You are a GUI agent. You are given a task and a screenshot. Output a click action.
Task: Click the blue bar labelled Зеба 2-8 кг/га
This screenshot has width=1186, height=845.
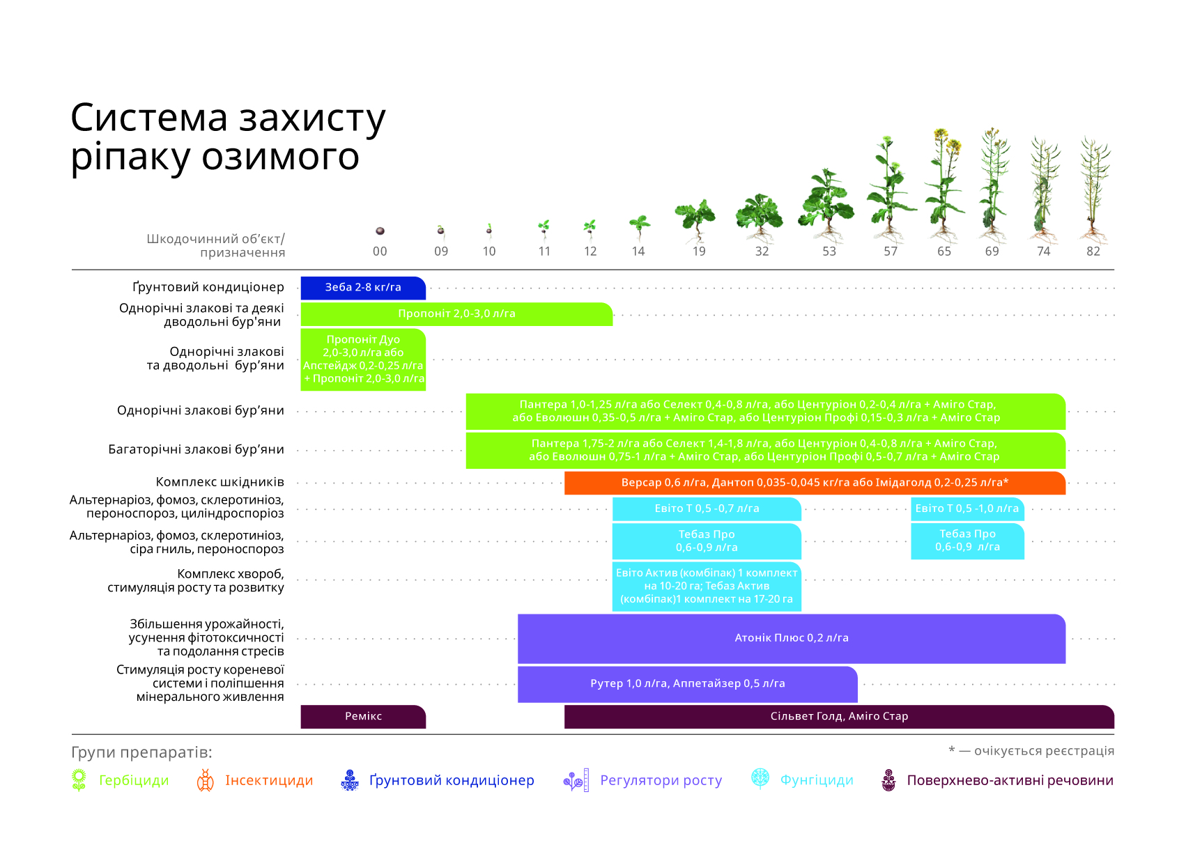pyautogui.click(x=363, y=288)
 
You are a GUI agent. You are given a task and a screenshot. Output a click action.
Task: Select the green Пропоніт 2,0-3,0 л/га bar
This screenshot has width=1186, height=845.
pyautogui.click(x=456, y=314)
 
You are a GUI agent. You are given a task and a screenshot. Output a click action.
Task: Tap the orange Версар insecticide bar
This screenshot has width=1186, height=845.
pyautogui.click(x=815, y=483)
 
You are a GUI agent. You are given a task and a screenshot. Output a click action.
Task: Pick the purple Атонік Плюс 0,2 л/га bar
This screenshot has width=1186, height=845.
pyautogui.click(x=792, y=639)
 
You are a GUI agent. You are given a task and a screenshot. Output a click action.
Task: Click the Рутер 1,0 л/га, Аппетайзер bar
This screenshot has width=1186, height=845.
pyautogui.click(x=687, y=684)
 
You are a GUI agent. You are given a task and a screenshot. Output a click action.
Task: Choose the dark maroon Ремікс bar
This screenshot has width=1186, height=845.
pyautogui.click(x=363, y=717)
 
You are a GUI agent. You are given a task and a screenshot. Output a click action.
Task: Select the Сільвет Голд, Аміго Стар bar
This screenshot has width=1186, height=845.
pyautogui.click(x=839, y=717)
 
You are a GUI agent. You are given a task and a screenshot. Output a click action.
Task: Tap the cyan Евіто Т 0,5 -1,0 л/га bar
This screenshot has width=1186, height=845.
pyautogui.click(x=967, y=509)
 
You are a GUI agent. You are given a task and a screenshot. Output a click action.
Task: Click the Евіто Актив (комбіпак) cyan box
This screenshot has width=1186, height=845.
pyautogui.click(x=707, y=587)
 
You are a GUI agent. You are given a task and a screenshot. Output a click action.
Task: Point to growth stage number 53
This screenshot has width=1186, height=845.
pyautogui.click(x=829, y=251)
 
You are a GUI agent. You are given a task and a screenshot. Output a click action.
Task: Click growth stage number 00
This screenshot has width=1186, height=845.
pyautogui.click(x=380, y=251)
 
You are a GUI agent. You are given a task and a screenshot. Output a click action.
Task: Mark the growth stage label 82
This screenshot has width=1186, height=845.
pyautogui.click(x=1093, y=251)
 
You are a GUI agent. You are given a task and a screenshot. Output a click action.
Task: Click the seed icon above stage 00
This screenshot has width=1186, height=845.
pyautogui.click(x=380, y=231)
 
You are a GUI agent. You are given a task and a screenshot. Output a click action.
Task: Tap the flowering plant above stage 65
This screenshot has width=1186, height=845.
pyautogui.click(x=944, y=185)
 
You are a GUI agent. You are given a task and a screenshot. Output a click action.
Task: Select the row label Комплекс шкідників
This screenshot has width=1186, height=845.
pyautogui.click(x=220, y=482)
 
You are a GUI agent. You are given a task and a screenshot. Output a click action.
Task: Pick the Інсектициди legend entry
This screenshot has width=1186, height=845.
pyautogui.click(x=254, y=781)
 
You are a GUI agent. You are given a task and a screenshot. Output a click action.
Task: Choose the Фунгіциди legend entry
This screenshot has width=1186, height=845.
pyautogui.click(x=802, y=780)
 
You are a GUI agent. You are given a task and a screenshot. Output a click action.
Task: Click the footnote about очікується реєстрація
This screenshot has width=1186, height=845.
pyautogui.click(x=1031, y=751)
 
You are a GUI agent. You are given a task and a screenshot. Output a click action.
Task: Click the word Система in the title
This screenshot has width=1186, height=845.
pyautogui.click(x=150, y=118)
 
